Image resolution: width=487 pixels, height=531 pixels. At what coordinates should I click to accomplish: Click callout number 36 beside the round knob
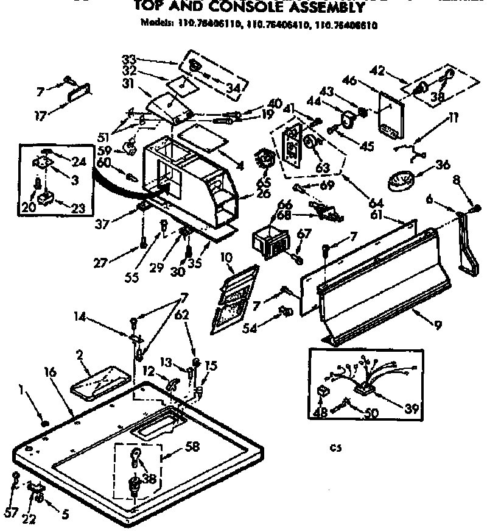pyautogui.click(x=442, y=164)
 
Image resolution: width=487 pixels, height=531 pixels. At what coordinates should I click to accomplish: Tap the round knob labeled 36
pyautogui.click(x=401, y=179)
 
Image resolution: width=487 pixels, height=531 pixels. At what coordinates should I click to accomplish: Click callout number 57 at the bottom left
pyautogui.click(x=10, y=513)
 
